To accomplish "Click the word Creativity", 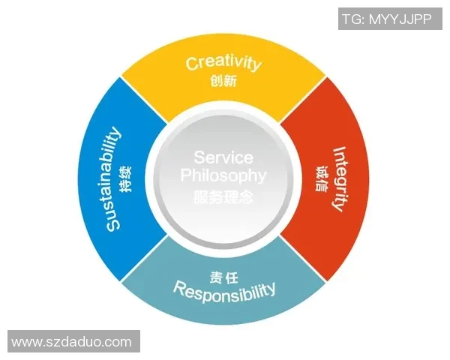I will [x=223, y=62].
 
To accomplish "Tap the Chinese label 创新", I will [x=223, y=81].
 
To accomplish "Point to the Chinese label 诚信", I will [x=322, y=178].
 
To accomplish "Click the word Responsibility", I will [x=224, y=289].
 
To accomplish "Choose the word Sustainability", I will [x=112, y=179].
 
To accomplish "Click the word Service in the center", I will [x=223, y=157].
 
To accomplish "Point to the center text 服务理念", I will [x=223, y=197].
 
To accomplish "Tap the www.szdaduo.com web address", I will [x=71, y=342].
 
